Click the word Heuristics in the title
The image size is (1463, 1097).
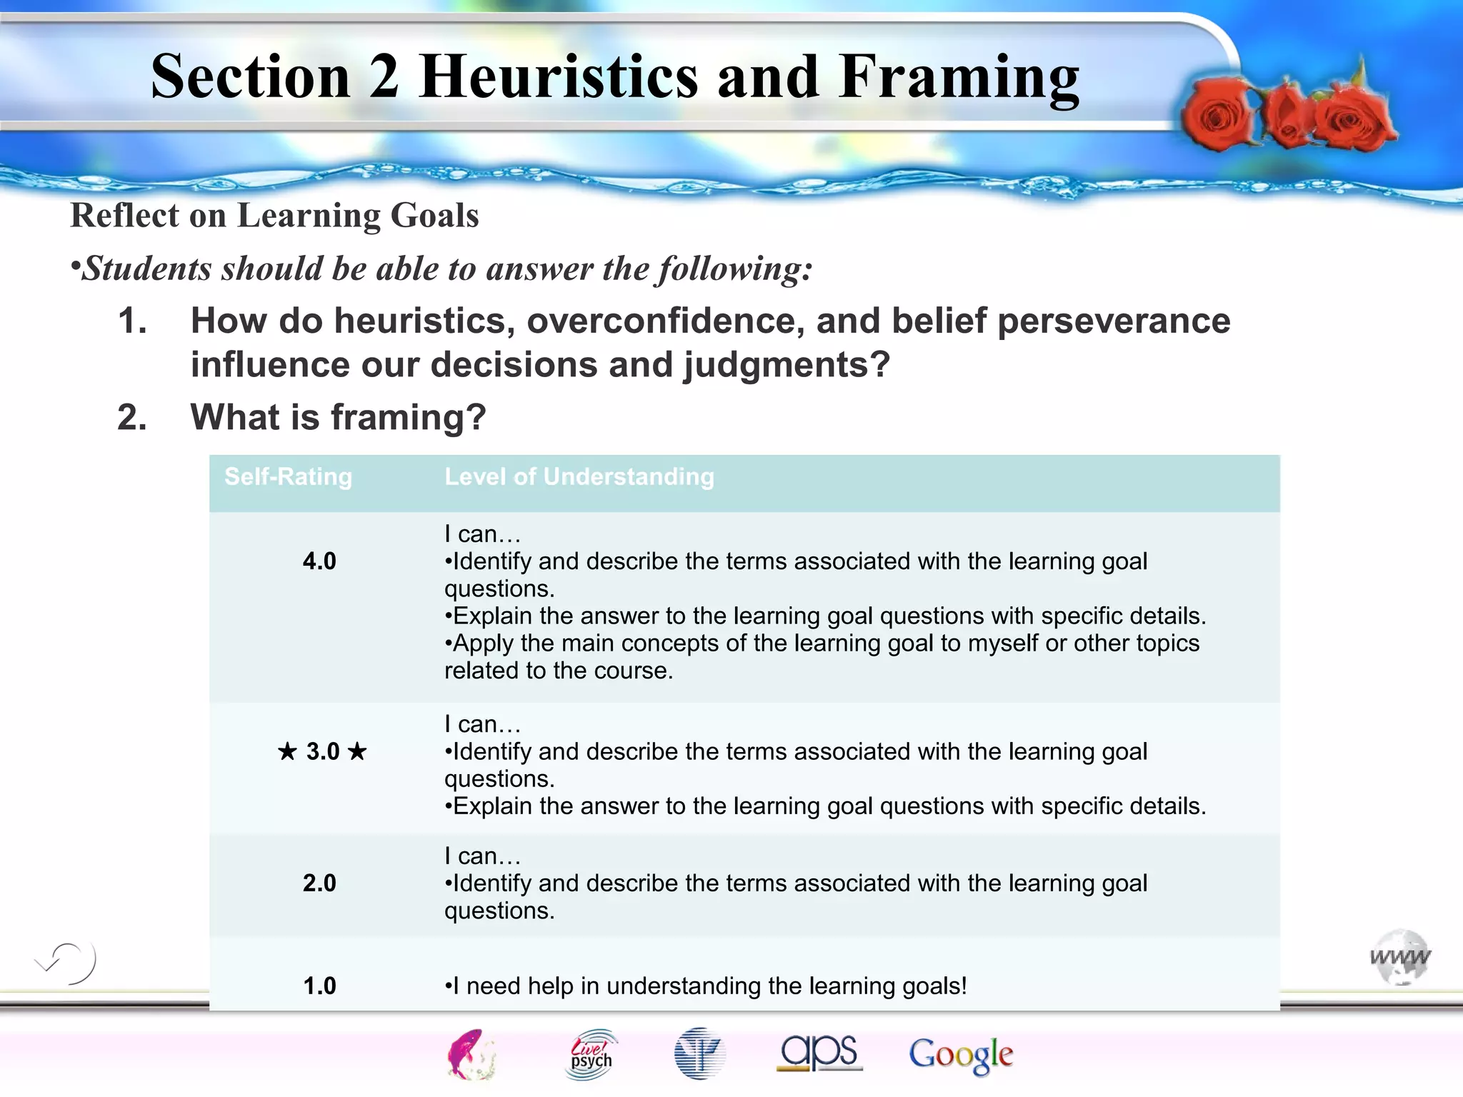click(558, 76)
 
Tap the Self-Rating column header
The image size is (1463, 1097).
click(288, 476)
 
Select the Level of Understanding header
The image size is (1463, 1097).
click(579, 476)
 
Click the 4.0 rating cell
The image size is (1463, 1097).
click(319, 561)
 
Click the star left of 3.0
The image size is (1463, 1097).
click(287, 751)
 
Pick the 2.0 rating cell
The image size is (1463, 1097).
click(319, 883)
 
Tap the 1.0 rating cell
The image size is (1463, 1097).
click(319, 986)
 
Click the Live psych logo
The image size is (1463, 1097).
click(591, 1053)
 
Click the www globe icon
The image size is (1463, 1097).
click(1399, 956)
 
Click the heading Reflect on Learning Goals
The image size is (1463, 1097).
click(274, 216)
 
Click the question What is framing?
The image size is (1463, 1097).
click(337, 417)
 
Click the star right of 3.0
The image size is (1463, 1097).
click(357, 751)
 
